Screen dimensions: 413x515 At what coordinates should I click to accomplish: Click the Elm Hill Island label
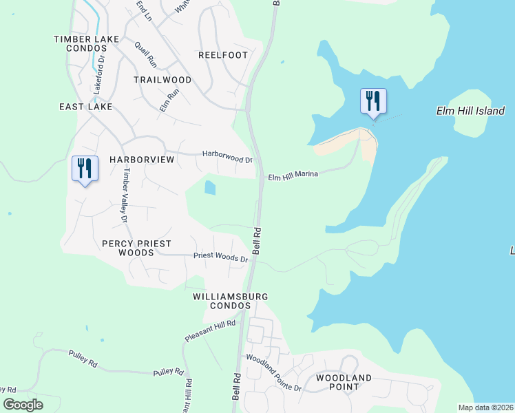coord(471,111)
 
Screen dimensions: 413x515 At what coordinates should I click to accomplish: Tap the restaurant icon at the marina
coord(373,101)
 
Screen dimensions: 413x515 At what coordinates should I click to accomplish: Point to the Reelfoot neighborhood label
coord(223,55)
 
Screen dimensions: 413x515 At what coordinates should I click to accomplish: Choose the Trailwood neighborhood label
coord(162,80)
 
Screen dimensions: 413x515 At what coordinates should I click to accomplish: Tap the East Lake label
coord(85,107)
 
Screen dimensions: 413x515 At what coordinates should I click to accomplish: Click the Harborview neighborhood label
coord(142,159)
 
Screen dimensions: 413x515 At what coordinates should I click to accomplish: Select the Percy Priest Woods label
coord(136,248)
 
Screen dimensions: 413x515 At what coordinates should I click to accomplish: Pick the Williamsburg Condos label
coord(230,301)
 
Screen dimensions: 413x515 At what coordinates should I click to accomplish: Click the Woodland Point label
coord(344,382)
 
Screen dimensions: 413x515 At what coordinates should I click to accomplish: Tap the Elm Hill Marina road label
coord(293,175)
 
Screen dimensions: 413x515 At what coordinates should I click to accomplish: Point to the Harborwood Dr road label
coord(227,156)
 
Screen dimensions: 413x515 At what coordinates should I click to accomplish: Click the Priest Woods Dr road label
coord(220,257)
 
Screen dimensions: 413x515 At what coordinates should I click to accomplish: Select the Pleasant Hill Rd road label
coord(210,331)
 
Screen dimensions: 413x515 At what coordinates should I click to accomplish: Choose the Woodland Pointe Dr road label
coord(274,373)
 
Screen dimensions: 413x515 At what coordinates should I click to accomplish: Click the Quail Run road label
coord(146,53)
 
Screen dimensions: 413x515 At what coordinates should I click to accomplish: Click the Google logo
coord(23,405)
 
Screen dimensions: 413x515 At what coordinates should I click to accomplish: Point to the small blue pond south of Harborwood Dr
coord(209,187)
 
